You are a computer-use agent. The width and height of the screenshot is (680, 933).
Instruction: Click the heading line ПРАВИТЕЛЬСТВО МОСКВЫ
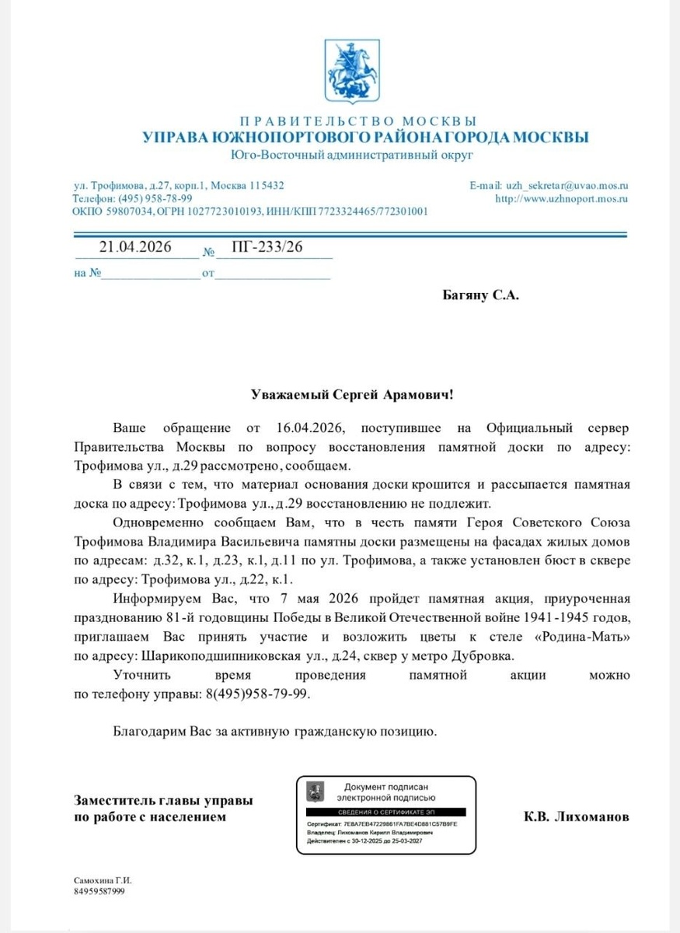tap(357, 121)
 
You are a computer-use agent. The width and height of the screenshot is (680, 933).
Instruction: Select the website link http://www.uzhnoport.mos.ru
tap(561, 198)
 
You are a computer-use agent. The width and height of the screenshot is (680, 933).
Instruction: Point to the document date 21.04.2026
tap(135, 247)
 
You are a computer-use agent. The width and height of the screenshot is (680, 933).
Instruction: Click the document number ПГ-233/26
tap(267, 247)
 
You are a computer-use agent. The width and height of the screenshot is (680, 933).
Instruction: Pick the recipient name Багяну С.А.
tap(479, 295)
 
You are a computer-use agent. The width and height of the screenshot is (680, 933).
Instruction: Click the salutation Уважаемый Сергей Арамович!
tap(351, 394)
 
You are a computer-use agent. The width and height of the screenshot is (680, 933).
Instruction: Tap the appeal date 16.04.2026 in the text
tap(309, 428)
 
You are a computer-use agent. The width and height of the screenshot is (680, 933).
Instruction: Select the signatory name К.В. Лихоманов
tap(576, 817)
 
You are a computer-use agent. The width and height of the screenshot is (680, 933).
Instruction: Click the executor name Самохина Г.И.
tap(103, 880)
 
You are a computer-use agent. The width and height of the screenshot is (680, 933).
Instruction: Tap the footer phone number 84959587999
tap(99, 891)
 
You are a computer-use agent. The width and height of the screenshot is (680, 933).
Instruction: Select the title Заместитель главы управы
tap(163, 801)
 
